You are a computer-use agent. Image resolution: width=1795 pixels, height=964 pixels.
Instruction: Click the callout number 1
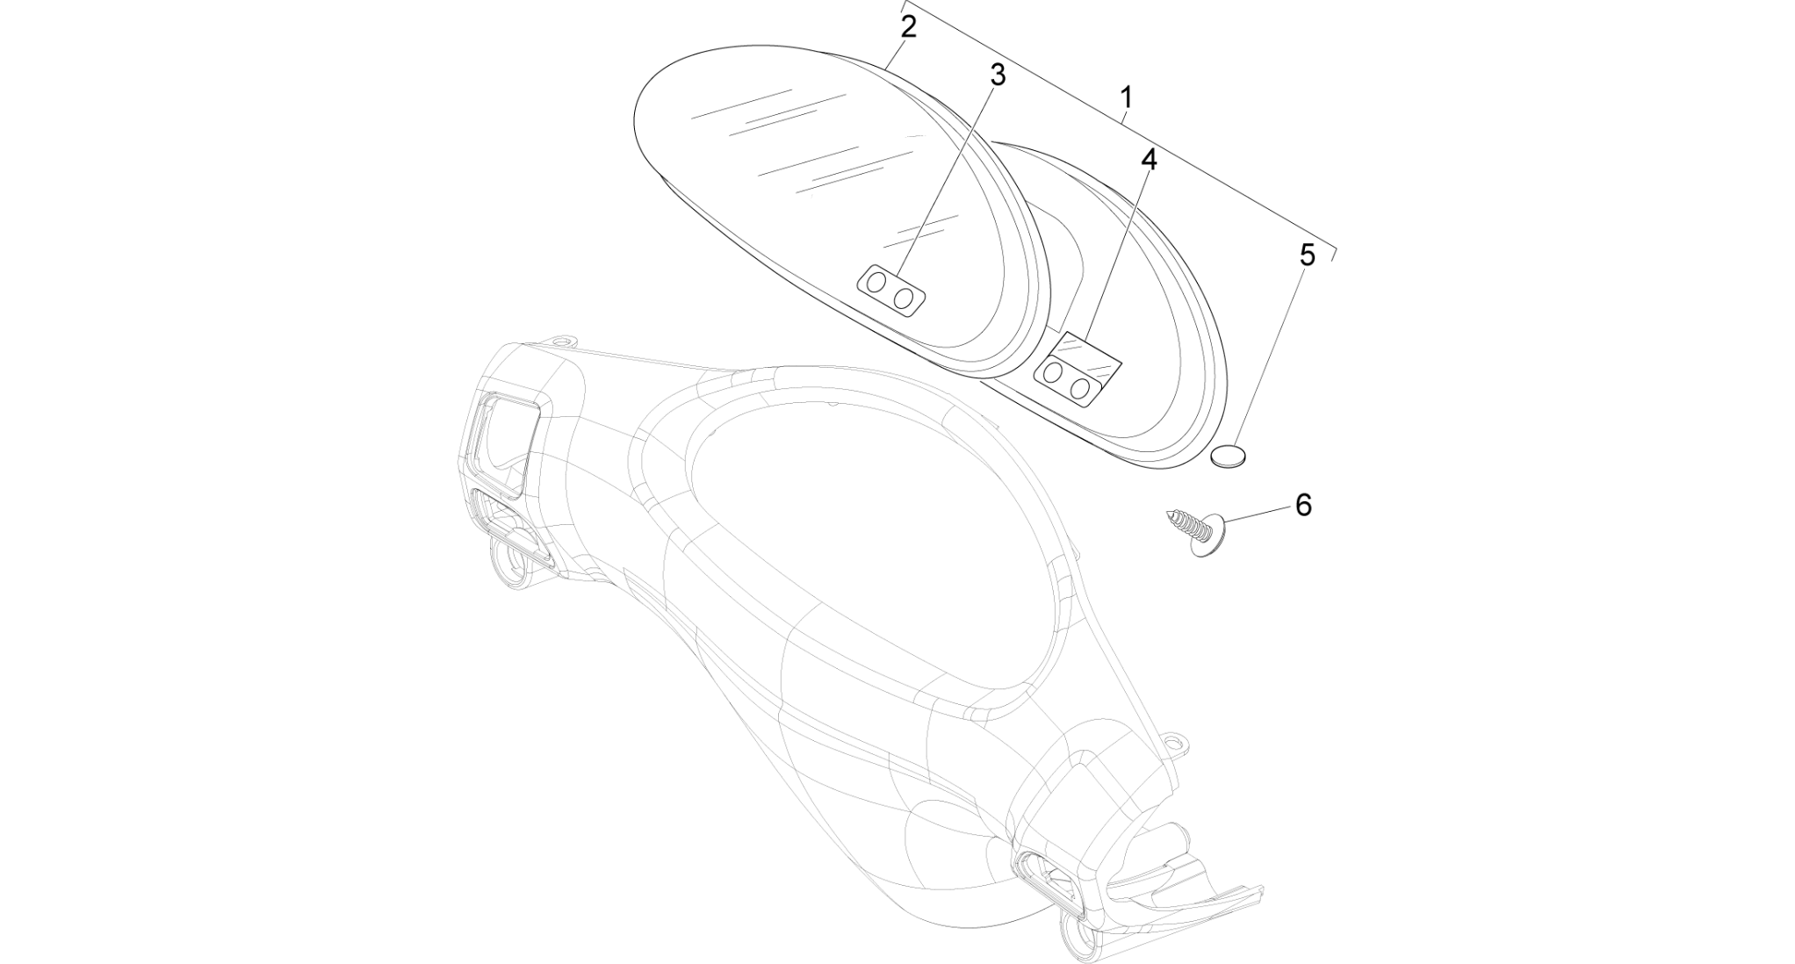[1127, 98]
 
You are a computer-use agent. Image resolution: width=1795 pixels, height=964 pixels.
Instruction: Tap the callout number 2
[909, 26]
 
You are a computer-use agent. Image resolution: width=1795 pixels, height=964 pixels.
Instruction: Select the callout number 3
[997, 76]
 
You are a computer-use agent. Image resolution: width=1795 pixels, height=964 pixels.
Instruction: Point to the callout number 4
[1149, 161]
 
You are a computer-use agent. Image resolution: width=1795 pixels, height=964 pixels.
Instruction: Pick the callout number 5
[1308, 255]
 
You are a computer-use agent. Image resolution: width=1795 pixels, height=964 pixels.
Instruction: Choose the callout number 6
[1303, 505]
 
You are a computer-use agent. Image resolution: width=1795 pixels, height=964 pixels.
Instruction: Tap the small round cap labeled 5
[1229, 457]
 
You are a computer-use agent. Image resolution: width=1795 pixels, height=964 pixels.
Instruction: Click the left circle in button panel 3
[877, 283]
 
